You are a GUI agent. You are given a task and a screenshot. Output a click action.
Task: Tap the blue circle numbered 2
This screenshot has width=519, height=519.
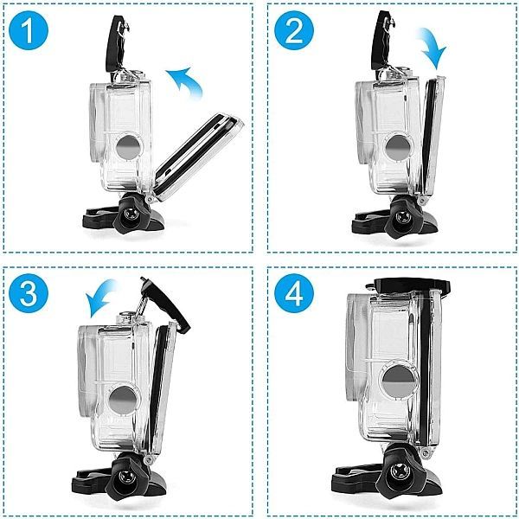pyautogui.click(x=293, y=34)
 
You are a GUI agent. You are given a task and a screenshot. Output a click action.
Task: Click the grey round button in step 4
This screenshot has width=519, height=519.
pyautogui.click(x=394, y=381)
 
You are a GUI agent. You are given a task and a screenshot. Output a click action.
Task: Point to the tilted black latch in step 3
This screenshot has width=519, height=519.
pyautogui.click(x=164, y=304)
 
